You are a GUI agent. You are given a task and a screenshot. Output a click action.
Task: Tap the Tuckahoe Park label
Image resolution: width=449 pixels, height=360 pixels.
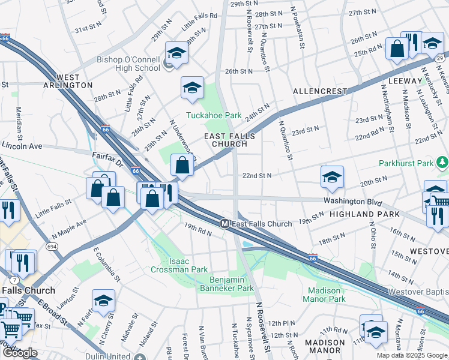pos(213,115)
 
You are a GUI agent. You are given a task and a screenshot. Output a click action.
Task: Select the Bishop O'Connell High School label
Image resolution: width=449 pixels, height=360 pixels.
pos(128,64)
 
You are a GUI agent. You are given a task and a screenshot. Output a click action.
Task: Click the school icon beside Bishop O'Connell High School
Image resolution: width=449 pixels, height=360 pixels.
pos(176,53)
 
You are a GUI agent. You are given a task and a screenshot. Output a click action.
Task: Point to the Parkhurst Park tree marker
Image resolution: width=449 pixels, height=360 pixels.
pos(443,162)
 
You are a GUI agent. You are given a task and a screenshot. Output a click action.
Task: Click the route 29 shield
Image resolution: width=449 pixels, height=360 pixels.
pos(441,58)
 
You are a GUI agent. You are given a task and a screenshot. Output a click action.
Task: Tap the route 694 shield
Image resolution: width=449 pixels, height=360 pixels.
pos(52,246)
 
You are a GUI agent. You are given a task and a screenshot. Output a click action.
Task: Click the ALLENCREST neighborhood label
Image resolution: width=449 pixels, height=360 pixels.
pos(319,91)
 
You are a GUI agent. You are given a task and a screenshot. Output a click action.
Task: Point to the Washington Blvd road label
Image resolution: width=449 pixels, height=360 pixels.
pos(352,202)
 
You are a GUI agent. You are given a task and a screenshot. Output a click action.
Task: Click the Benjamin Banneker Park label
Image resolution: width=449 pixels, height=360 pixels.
pos(240,284)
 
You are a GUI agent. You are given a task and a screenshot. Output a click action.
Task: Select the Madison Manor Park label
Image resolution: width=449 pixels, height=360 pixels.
pos(323,295)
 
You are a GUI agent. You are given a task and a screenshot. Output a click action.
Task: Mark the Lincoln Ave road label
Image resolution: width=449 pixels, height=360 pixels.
pos(22,146)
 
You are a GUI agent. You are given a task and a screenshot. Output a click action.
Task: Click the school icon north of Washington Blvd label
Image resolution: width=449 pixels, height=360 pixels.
pos(332,176)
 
